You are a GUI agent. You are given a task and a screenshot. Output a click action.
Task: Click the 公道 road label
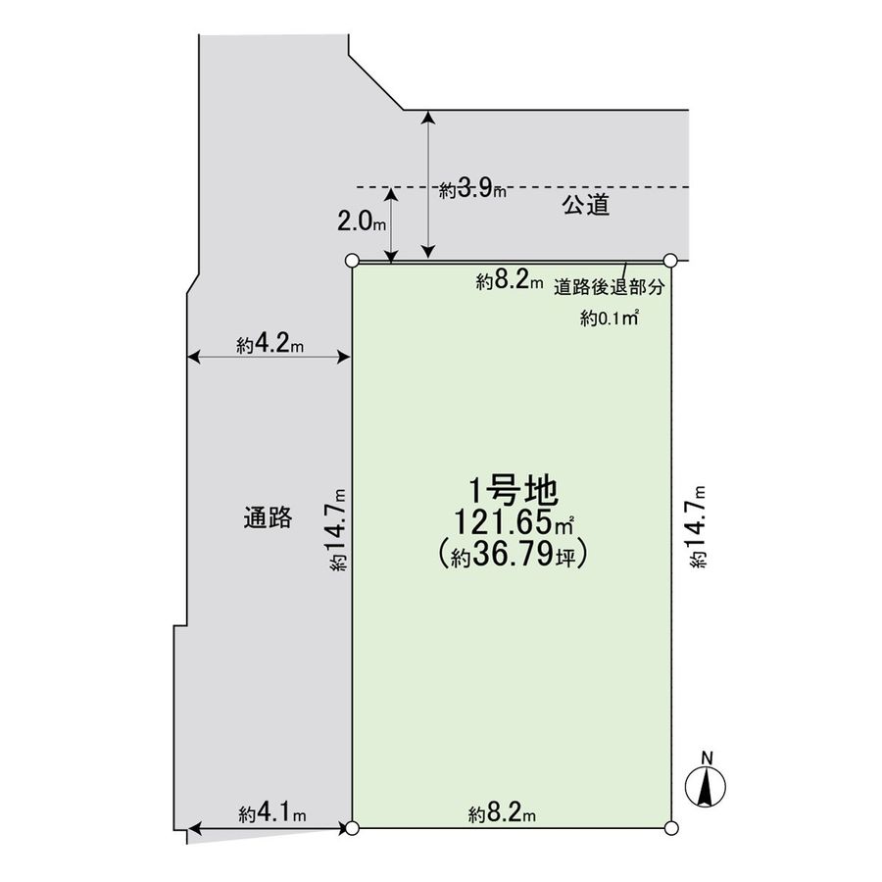[586, 205]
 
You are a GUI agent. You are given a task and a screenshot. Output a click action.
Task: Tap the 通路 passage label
[268, 518]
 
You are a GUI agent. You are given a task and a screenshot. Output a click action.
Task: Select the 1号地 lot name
[512, 488]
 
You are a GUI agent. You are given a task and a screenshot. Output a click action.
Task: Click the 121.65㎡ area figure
[513, 523]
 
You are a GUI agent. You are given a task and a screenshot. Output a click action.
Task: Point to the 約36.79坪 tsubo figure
[513, 556]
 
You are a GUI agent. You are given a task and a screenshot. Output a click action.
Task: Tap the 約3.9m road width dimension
[473, 189]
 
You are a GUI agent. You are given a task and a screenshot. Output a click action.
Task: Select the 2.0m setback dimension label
[362, 221]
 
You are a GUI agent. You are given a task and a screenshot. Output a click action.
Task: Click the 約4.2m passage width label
[269, 344]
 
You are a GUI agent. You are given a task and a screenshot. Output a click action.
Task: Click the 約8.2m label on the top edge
[510, 282]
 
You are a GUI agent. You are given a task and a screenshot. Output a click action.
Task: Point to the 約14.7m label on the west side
[337, 529]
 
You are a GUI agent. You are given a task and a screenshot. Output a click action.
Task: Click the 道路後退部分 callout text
[609, 288]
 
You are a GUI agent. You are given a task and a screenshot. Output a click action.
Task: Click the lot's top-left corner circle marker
[353, 261]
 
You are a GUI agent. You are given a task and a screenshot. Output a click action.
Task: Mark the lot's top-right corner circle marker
[670, 261]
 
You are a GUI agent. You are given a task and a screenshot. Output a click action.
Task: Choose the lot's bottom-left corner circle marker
[353, 829]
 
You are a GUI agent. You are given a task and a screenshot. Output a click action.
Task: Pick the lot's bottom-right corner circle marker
[670, 829]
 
